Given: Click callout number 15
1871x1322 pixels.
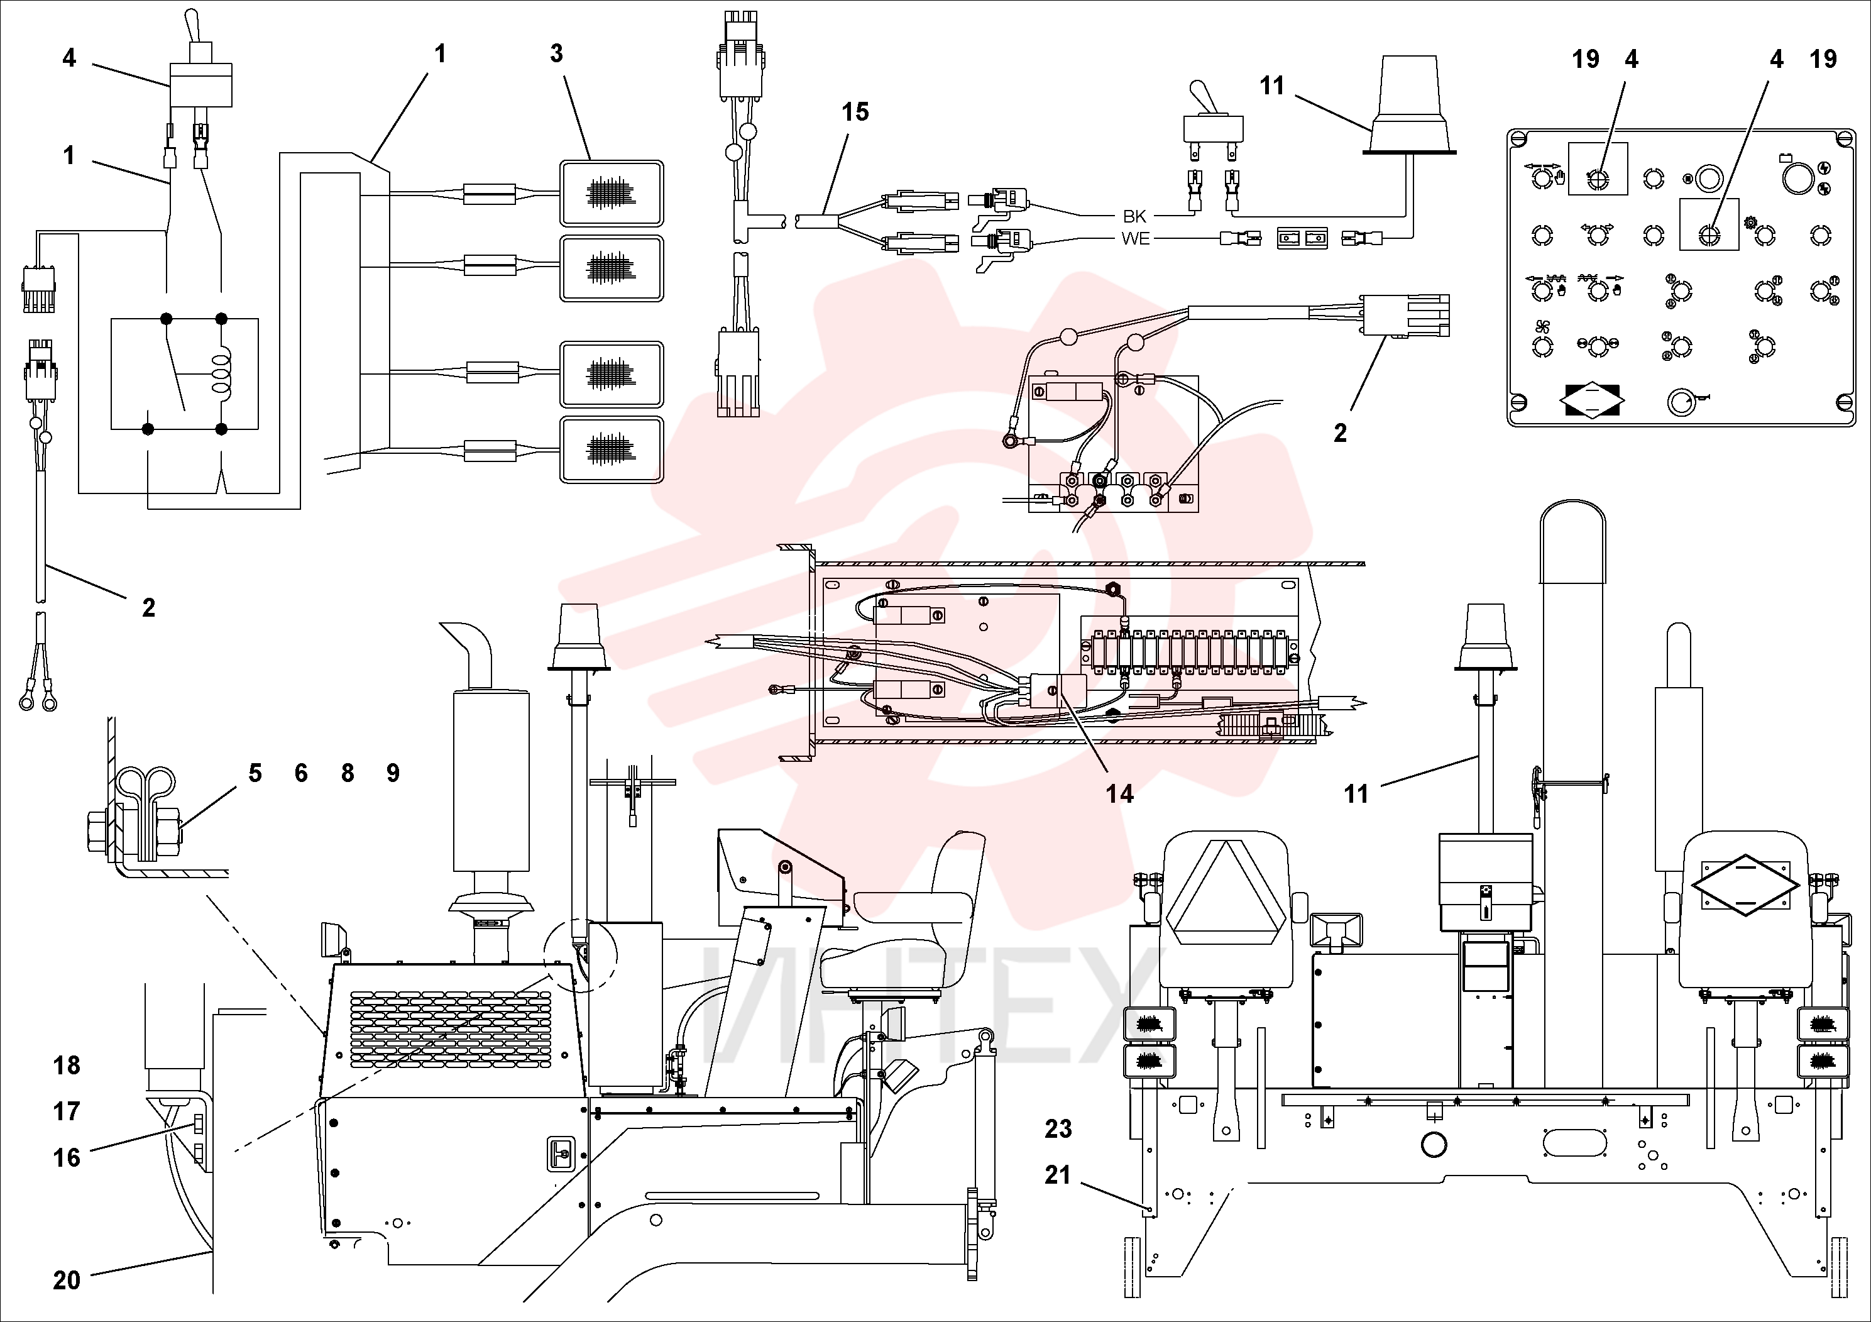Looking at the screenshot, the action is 855,112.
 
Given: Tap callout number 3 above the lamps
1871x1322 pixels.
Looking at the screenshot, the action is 557,54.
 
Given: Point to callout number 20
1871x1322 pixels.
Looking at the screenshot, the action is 67,1281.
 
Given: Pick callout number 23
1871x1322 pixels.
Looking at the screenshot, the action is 1058,1129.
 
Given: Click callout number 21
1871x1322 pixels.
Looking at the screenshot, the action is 1058,1176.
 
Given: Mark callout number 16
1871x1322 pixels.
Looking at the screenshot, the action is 67,1157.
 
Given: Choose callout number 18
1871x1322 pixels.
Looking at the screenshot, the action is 67,1066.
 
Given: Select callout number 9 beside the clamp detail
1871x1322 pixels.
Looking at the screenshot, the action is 393,773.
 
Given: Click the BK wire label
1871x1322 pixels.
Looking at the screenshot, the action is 1134,216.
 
